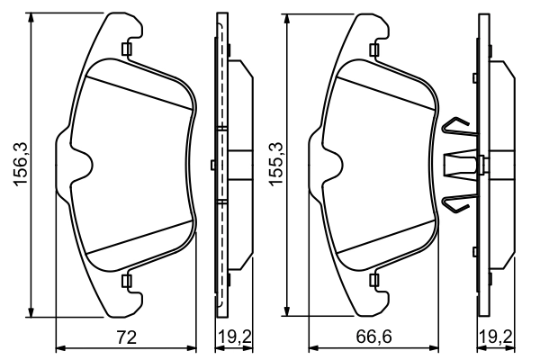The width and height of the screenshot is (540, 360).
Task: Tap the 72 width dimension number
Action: click(x=127, y=338)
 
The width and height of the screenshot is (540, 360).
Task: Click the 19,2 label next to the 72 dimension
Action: click(x=232, y=338)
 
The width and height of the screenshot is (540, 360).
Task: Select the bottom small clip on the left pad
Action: click(x=127, y=282)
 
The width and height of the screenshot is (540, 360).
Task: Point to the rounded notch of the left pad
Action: click(x=83, y=165)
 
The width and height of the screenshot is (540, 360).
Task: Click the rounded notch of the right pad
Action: click(x=336, y=165)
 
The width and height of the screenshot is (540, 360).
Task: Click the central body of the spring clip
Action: click(x=463, y=165)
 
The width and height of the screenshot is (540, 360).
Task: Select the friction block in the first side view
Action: click(x=238, y=165)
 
